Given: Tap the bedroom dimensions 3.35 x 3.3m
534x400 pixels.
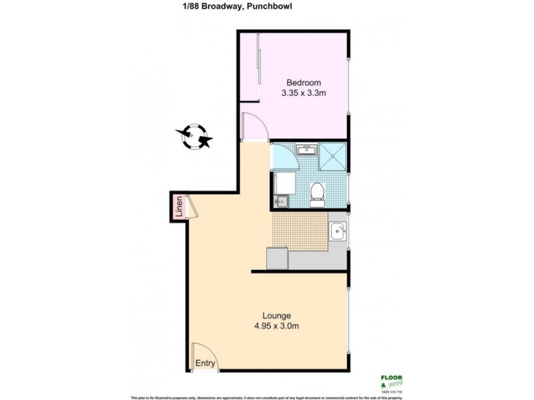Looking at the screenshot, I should point(304,93).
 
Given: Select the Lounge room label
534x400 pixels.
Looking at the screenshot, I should point(276,315).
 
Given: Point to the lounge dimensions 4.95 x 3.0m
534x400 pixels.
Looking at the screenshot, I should point(276,326).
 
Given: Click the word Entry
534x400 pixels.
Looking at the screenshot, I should point(205,363).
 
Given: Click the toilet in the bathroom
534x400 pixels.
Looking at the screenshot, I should point(318,193).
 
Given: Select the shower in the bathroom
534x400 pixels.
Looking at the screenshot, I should point(332,156).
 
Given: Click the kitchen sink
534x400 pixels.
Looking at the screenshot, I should point(338,231).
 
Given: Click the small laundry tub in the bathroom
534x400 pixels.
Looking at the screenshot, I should point(280,199).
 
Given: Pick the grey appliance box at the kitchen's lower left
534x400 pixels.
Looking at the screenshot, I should point(277,257).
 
